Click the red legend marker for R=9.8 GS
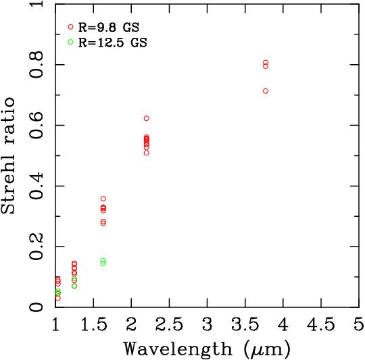pos(70,26)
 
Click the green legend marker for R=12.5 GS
pos(70,42)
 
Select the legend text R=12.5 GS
pos(112,43)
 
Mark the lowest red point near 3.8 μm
pos(266,91)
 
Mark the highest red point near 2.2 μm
pos(146,118)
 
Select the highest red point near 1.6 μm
pos(103,199)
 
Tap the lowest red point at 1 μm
pos(57,298)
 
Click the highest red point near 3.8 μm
pos(266,62)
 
